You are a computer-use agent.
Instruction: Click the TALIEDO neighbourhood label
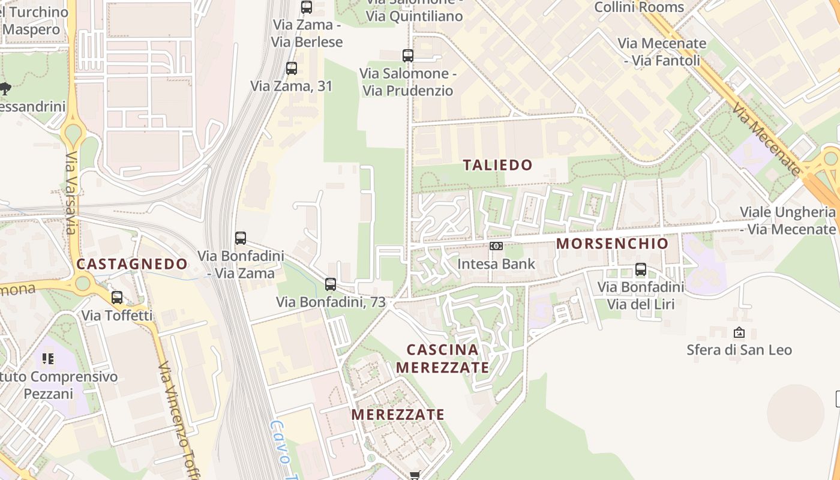pyautogui.click(x=497, y=165)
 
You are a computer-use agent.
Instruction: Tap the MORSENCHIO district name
pyautogui.click(x=612, y=244)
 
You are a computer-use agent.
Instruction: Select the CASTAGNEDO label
pyautogui.click(x=132, y=264)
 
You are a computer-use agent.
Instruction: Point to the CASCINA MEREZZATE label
pyautogui.click(x=443, y=358)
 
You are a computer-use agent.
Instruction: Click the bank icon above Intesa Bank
pyautogui.click(x=496, y=246)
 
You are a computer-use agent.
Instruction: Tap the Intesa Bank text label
pyautogui.click(x=496, y=263)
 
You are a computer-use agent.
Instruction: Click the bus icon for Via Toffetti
pyautogui.click(x=117, y=297)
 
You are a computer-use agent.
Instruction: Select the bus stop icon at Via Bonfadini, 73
pyautogui.click(x=331, y=284)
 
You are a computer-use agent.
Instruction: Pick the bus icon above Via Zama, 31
pyautogui.click(x=292, y=68)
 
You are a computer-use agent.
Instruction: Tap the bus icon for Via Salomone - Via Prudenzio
pyautogui.click(x=408, y=56)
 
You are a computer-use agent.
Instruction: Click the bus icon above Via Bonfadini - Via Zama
pyautogui.click(x=241, y=238)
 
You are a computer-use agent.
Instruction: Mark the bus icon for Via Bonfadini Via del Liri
pyautogui.click(x=641, y=269)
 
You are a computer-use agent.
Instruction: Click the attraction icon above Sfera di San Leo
pyautogui.click(x=739, y=332)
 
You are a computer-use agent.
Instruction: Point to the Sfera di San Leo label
pyautogui.click(x=739, y=350)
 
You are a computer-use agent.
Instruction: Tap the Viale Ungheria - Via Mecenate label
pyautogui.click(x=787, y=220)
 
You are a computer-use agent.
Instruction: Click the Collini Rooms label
pyautogui.click(x=639, y=7)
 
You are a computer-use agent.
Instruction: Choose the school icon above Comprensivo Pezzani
pyautogui.click(x=48, y=359)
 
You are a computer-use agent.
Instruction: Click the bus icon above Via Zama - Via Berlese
pyautogui.click(x=307, y=7)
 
